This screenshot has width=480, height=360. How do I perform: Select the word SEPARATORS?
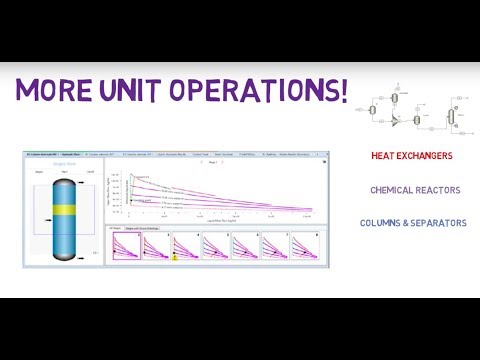pos(440,223)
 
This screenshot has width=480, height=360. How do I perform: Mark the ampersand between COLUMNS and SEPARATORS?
pos(410,223)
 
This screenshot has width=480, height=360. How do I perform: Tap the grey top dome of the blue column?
pos(62,177)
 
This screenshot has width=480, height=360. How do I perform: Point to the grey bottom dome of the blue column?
pos(62,258)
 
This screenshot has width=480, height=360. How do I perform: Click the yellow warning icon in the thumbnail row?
pos(175,258)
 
